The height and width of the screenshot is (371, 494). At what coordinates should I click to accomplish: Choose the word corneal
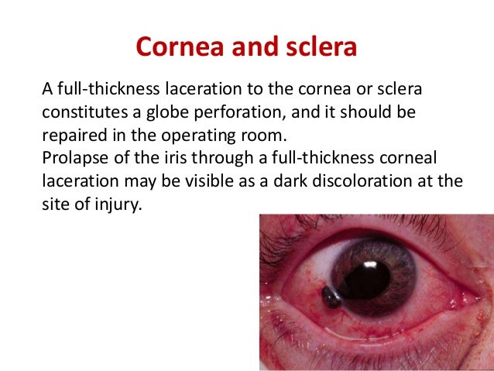[x=410, y=158]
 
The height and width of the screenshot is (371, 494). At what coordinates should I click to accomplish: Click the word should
[x=371, y=113]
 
